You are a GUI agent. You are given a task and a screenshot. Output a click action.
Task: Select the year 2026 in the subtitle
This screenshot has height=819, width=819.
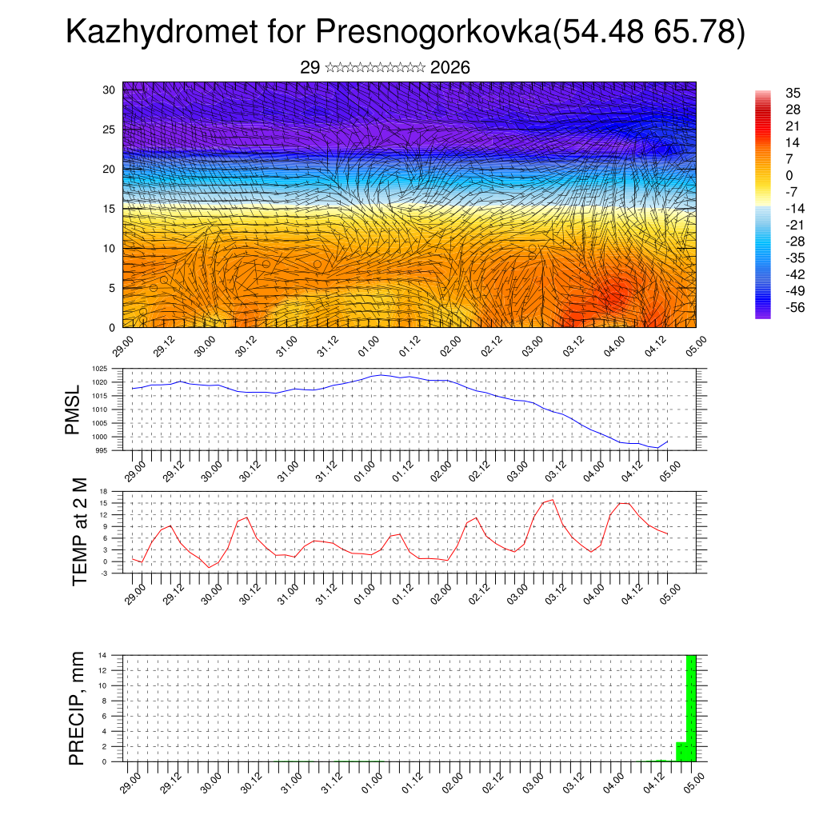[449, 68]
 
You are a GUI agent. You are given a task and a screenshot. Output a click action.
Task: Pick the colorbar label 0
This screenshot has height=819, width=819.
[789, 176]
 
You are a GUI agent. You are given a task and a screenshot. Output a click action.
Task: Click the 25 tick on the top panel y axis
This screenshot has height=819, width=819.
[110, 130]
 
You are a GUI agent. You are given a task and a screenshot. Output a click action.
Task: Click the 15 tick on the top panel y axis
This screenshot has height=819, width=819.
[110, 209]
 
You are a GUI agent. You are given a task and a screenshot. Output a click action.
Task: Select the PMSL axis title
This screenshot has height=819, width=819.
[74, 411]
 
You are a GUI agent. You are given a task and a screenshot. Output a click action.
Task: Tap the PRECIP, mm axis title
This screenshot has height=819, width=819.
[76, 707]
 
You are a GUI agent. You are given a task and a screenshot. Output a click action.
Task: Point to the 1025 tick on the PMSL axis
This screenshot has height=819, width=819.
[99, 369]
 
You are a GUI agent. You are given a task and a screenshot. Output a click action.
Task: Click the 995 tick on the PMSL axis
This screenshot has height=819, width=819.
[102, 451]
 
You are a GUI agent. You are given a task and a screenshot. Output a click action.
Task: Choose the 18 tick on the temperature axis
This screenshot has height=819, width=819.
[104, 491]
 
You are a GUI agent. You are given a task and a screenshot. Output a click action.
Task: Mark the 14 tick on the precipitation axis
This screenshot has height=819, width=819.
[104, 655]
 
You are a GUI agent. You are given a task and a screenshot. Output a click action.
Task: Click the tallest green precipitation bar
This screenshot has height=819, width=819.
[691, 708]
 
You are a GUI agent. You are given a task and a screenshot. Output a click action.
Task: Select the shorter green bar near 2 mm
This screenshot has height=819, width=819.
[681, 752]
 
